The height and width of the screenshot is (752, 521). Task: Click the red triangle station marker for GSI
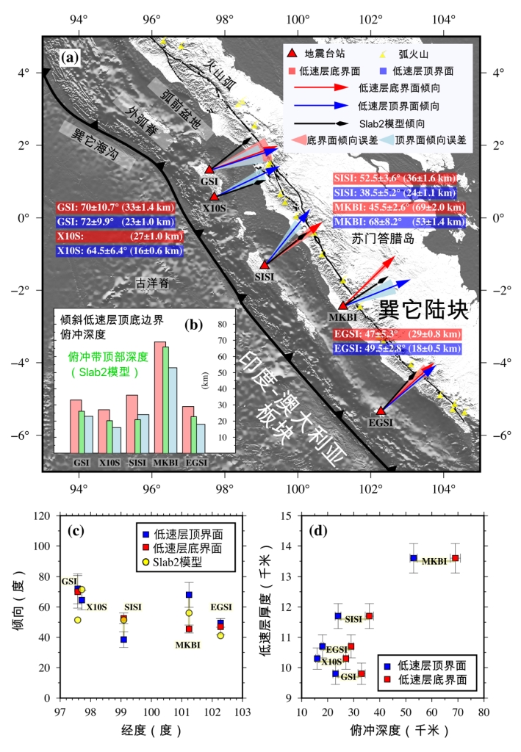pos(209,170)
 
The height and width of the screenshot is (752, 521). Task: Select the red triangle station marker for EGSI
pos(380,411)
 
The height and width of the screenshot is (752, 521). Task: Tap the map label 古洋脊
pos(151,281)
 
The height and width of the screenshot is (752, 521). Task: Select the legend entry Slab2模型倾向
pos(387,123)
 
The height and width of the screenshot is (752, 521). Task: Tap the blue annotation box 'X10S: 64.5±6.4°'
pos(118,250)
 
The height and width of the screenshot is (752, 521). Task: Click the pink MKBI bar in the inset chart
pos(159,397)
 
